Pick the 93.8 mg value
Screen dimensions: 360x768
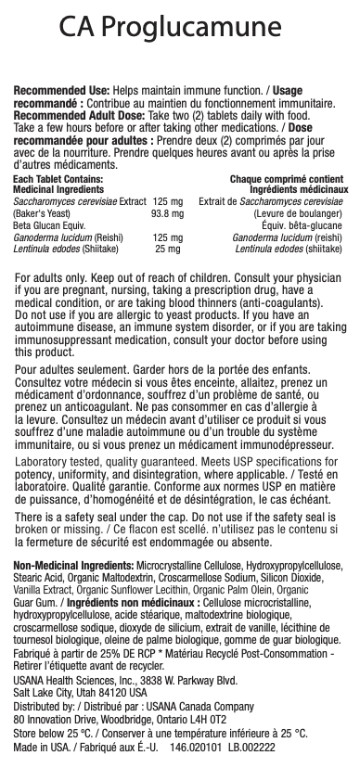pos(167,213)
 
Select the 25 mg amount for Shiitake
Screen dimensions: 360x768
pos(167,249)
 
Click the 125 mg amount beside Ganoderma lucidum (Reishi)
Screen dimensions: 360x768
pos(167,237)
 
